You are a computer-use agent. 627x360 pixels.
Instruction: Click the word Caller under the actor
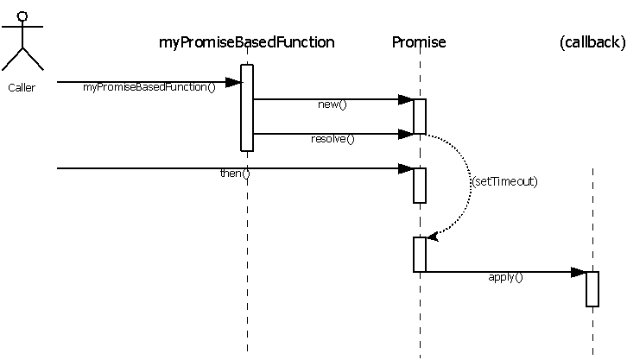[x=22, y=87]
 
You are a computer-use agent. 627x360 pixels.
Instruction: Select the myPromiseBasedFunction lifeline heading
[x=247, y=42]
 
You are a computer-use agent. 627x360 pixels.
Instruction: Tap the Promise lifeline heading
[x=419, y=42]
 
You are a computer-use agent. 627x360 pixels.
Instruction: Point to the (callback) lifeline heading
[x=592, y=42]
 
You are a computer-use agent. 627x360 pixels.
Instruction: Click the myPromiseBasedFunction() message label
[x=149, y=88]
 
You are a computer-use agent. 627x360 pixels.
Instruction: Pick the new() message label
[x=332, y=105]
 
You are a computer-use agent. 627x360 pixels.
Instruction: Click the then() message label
[x=235, y=174]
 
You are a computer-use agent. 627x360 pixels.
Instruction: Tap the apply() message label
[x=506, y=277]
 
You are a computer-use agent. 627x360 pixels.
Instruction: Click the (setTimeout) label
[x=505, y=182]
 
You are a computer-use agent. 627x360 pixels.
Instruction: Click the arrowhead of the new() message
[x=406, y=100]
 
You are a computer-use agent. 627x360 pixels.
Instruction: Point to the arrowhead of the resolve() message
[x=406, y=134]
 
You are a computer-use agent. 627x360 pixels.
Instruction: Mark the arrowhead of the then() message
[x=406, y=168]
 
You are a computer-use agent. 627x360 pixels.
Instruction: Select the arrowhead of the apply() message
[x=579, y=272]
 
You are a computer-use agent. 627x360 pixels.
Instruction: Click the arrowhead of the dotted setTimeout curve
[x=433, y=236]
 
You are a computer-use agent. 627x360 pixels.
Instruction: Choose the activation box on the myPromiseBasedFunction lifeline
[x=247, y=108]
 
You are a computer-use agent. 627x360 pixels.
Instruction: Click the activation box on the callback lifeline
[x=592, y=289]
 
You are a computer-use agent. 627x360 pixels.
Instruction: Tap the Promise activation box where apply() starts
[x=420, y=255]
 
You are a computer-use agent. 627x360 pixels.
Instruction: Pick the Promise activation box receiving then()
[x=420, y=186]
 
